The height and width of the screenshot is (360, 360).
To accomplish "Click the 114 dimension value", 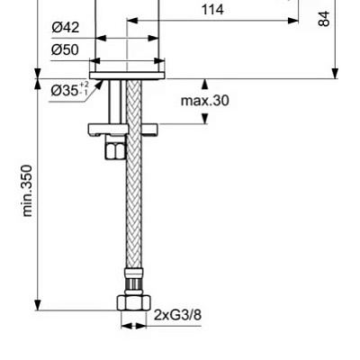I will (x=212, y=11).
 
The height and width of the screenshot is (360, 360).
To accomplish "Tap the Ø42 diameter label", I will (x=66, y=29).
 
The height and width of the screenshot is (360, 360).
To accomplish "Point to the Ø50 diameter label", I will (x=66, y=49).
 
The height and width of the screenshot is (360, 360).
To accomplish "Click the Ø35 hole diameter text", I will (x=65, y=91).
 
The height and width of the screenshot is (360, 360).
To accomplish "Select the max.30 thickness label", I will (x=204, y=101).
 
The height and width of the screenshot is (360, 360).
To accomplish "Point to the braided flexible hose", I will (x=136, y=207).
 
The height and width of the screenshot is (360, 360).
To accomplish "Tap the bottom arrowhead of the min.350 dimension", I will (x=38, y=303).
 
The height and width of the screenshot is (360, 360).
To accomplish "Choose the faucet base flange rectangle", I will (x=128, y=73).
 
